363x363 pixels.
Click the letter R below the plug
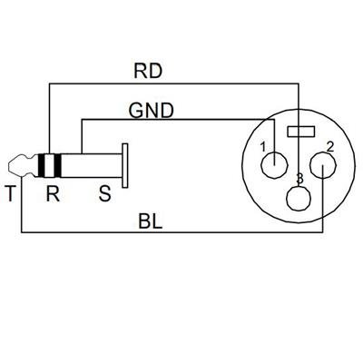click(53, 193)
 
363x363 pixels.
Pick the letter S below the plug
click(105, 193)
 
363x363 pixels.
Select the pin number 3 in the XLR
click(298, 180)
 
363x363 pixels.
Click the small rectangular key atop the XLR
click(299, 132)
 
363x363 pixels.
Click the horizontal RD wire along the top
click(172, 84)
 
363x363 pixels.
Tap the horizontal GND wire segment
click(172, 119)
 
